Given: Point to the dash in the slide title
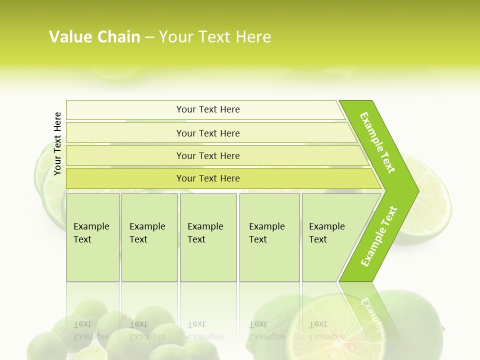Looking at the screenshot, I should click(149, 37).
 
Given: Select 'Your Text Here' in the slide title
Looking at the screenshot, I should click(215, 37).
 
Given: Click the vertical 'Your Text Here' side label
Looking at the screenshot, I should click(57, 143).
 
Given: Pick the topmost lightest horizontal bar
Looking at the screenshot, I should click(208, 109).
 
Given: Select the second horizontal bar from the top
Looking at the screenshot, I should click(208, 133).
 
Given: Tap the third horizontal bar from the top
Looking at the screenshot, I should click(208, 155).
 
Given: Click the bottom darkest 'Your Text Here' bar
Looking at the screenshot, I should click(208, 178).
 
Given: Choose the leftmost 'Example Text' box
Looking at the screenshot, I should click(92, 237).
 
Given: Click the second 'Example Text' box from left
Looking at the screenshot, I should click(149, 237).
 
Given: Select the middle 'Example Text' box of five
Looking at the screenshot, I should click(208, 237).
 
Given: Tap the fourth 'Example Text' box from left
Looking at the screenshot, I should click(269, 237).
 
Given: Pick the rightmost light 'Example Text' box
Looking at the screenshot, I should click(330, 237).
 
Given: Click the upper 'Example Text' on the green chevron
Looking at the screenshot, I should click(378, 142).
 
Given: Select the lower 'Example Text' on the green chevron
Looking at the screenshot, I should click(379, 236).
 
